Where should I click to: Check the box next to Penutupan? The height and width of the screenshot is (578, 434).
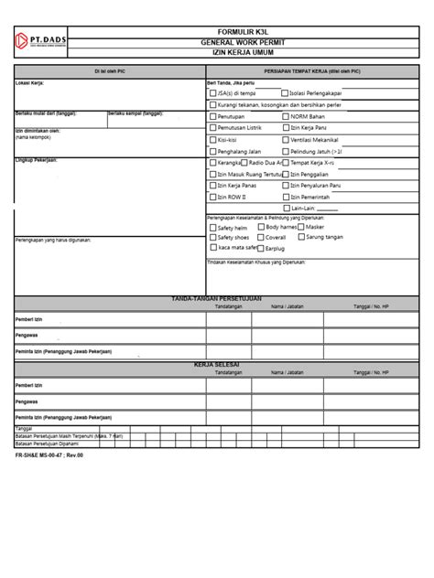pyautogui.click(x=213, y=116)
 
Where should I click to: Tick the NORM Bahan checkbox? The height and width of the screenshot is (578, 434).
pyautogui.click(x=284, y=116)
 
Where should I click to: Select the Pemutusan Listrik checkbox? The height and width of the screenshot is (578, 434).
pyautogui.click(x=213, y=128)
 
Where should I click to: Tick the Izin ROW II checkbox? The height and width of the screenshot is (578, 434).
pyautogui.click(x=213, y=197)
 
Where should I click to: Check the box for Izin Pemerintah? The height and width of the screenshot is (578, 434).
pyautogui.click(x=284, y=197)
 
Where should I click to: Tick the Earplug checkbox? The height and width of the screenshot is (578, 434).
pyautogui.click(x=260, y=247)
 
